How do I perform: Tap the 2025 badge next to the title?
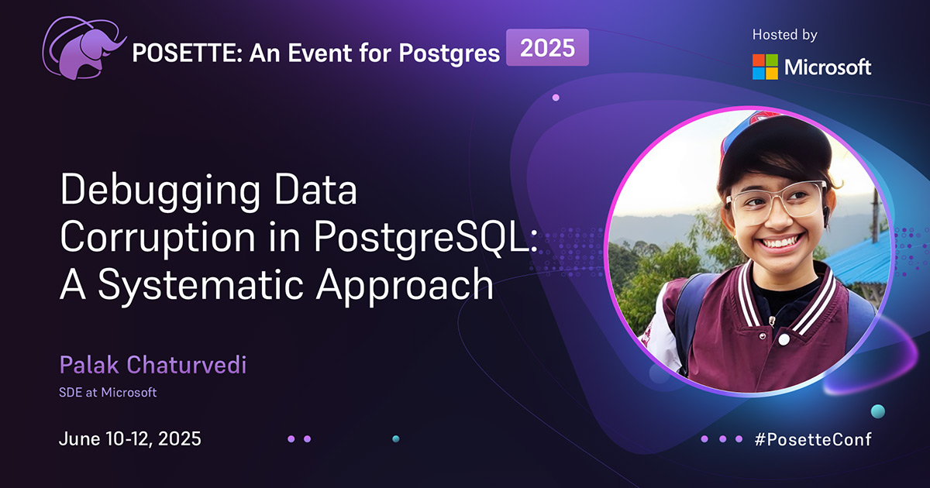[547, 49]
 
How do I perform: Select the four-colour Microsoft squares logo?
[764, 67]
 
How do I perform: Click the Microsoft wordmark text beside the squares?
[828, 67]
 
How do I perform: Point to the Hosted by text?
[784, 35]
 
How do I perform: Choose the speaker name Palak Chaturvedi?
[153, 365]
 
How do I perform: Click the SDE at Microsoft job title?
[108, 393]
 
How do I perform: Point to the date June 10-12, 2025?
[130, 439]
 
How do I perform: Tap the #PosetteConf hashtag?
[813, 439]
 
